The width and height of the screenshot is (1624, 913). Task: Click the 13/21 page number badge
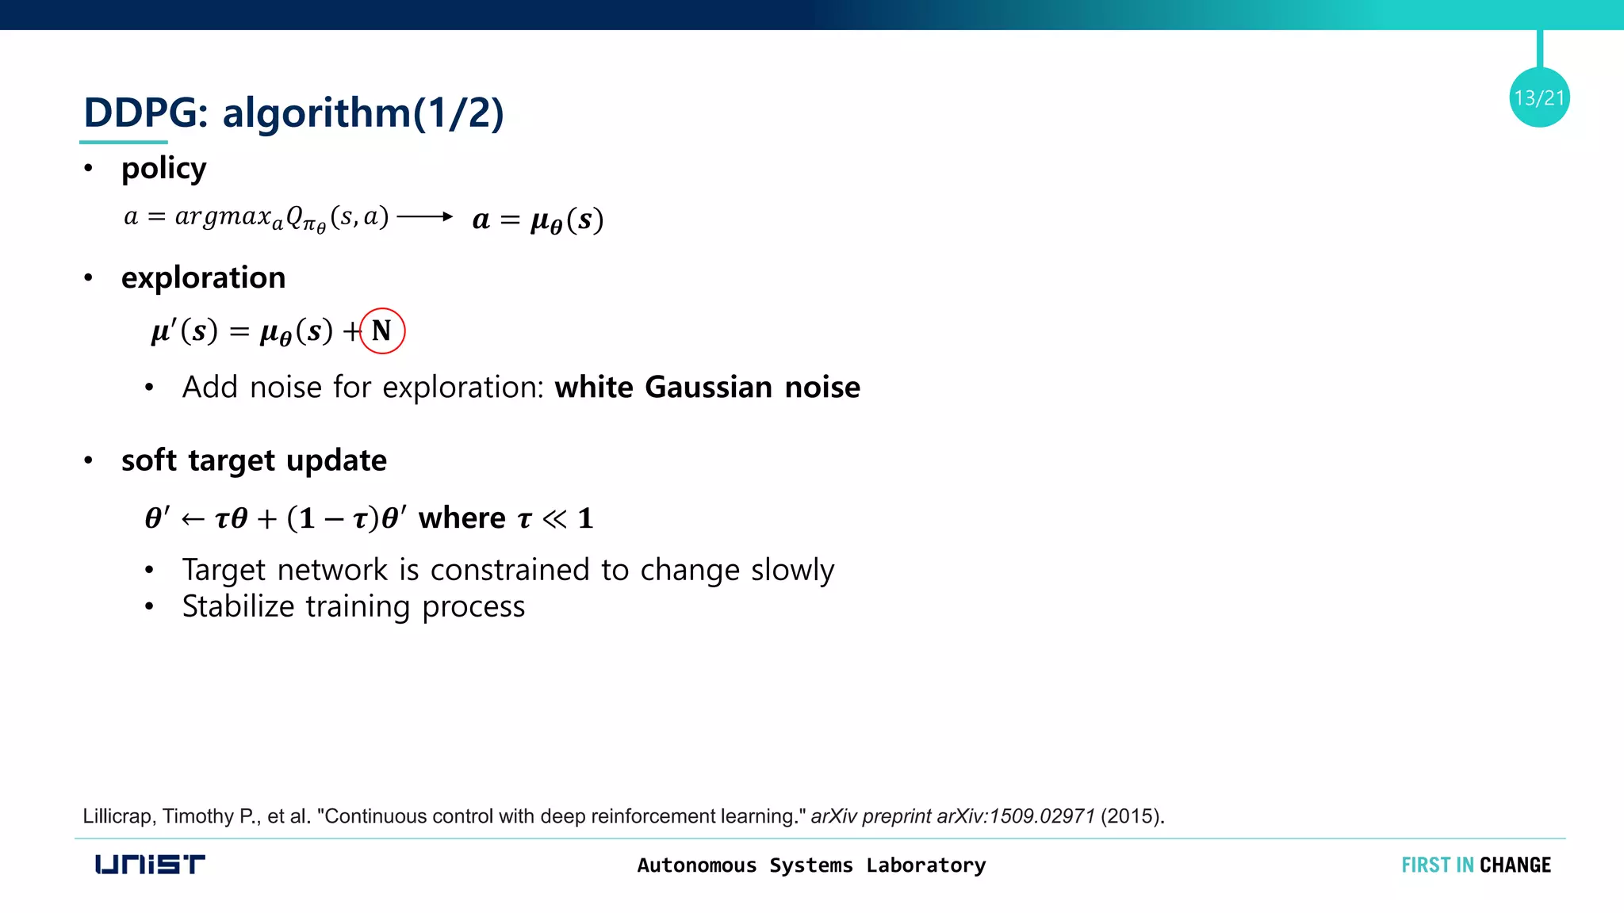pyautogui.click(x=1539, y=97)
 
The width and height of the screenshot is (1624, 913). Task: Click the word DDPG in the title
pyautogui.click(x=140, y=113)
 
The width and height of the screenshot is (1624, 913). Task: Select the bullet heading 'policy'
pyautogui.click(x=163, y=169)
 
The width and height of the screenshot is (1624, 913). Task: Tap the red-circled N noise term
pyautogui.click(x=382, y=330)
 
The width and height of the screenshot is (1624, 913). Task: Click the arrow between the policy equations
pyautogui.click(x=424, y=216)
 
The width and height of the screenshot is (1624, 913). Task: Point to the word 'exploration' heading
pyautogui.click(x=203, y=277)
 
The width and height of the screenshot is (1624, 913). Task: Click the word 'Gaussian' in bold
pyautogui.click(x=708, y=387)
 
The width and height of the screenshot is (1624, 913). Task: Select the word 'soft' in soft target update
pyautogui.click(x=149, y=460)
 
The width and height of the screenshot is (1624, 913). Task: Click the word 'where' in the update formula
pyautogui.click(x=462, y=518)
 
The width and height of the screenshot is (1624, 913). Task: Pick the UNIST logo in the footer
pyautogui.click(x=150, y=864)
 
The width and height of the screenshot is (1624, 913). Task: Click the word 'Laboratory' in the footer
pyautogui.click(x=925, y=865)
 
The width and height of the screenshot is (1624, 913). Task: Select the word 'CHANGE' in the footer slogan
pyautogui.click(x=1515, y=865)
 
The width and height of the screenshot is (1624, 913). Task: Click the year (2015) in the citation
pyautogui.click(x=1132, y=816)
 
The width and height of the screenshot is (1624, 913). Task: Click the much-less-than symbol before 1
pyautogui.click(x=554, y=518)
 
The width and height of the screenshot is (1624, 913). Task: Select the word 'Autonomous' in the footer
pyautogui.click(x=696, y=865)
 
